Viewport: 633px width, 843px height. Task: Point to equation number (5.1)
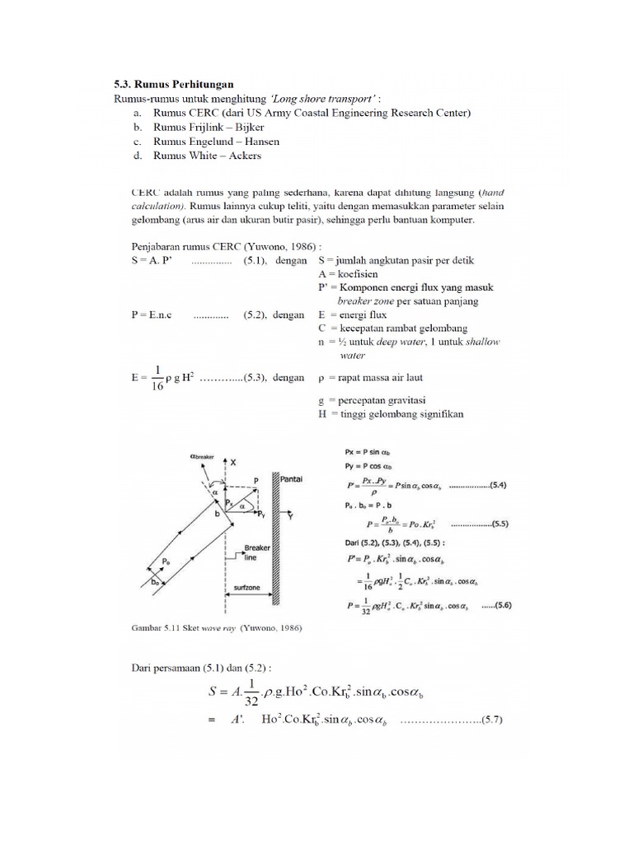point(256,260)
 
